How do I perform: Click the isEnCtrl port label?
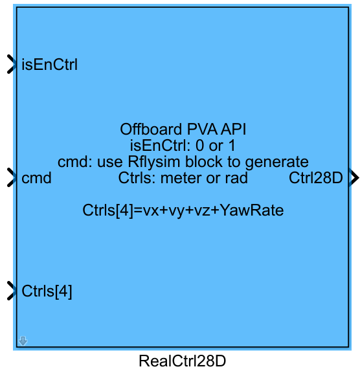(x=50, y=65)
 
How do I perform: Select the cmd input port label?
(x=36, y=178)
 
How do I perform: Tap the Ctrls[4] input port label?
(x=47, y=291)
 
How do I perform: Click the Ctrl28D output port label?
(x=315, y=178)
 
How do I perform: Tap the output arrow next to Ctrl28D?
(x=354, y=177)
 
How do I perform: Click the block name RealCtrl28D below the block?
(x=183, y=361)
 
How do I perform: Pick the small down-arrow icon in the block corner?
(x=23, y=341)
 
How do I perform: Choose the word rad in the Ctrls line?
(x=235, y=177)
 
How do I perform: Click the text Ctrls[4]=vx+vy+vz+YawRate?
(x=183, y=210)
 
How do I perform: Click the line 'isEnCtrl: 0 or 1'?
(x=183, y=145)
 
